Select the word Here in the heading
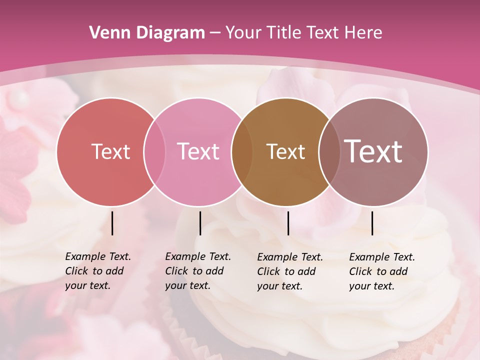(x=363, y=32)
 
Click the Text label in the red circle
(x=110, y=151)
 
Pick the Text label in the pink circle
(x=198, y=151)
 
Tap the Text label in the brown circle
(x=285, y=151)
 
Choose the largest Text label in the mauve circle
(x=373, y=151)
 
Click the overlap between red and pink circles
(x=154, y=151)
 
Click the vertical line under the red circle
(x=112, y=223)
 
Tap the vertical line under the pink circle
(x=200, y=223)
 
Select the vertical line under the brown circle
(x=288, y=223)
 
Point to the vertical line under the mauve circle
(x=372, y=223)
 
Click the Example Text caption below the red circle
(x=98, y=271)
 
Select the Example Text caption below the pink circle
(x=198, y=271)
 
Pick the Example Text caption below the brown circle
(x=290, y=271)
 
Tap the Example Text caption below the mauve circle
(x=382, y=271)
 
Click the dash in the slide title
(x=215, y=33)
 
